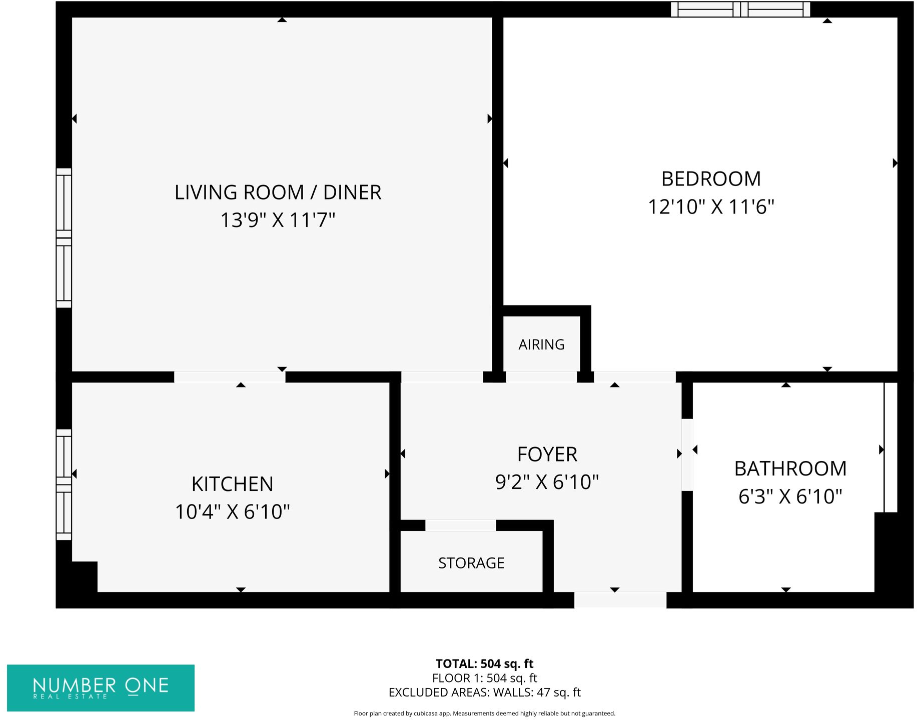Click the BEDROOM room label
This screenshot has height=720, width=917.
(710, 179)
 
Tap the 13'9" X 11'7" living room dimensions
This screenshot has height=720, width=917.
(278, 220)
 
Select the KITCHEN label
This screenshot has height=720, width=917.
(232, 484)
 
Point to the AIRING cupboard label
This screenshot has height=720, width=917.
(541, 344)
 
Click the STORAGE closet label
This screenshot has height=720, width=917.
(471, 563)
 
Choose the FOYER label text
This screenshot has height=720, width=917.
(547, 454)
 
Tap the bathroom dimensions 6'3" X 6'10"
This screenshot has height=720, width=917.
(790, 496)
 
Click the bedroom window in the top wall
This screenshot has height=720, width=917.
(740, 9)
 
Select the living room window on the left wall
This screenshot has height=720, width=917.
(64, 238)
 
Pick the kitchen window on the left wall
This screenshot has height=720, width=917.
(64, 484)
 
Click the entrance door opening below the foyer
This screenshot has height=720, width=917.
(620, 599)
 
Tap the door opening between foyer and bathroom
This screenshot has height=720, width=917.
(687, 454)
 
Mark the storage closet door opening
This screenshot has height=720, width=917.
(460, 525)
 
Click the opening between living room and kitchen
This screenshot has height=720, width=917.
(230, 377)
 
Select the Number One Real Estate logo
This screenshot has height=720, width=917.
(101, 687)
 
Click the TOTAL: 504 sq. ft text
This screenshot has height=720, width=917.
(484, 663)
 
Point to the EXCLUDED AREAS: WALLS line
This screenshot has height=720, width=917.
(484, 692)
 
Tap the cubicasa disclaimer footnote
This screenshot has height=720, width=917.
(484, 713)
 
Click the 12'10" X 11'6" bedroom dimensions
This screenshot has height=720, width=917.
(710, 207)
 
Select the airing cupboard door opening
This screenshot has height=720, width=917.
(541, 377)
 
